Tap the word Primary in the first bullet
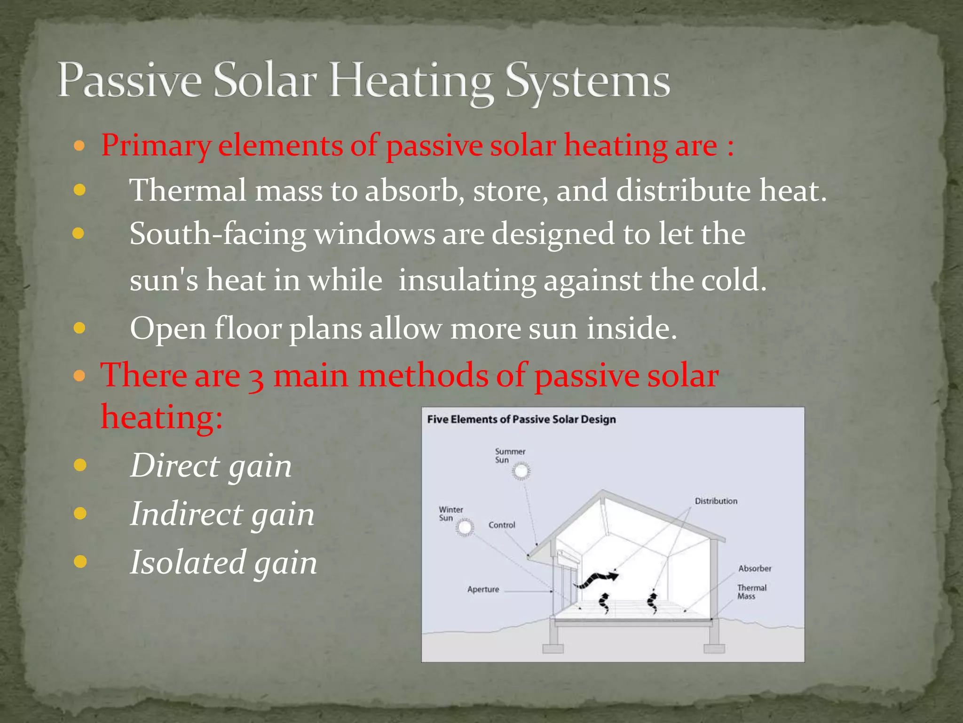(x=156, y=145)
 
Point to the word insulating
(x=467, y=280)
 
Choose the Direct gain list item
(x=211, y=466)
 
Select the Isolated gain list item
(x=223, y=562)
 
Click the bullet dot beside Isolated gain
(x=80, y=562)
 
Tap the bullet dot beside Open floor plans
(x=80, y=328)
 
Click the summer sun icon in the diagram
(x=521, y=471)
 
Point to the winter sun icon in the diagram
(x=465, y=527)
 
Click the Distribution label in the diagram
(x=716, y=501)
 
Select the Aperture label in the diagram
(x=483, y=589)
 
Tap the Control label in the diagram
(x=502, y=525)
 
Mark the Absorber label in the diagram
(x=754, y=569)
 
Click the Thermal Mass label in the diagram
(x=751, y=592)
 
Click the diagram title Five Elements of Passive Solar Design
(x=521, y=419)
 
